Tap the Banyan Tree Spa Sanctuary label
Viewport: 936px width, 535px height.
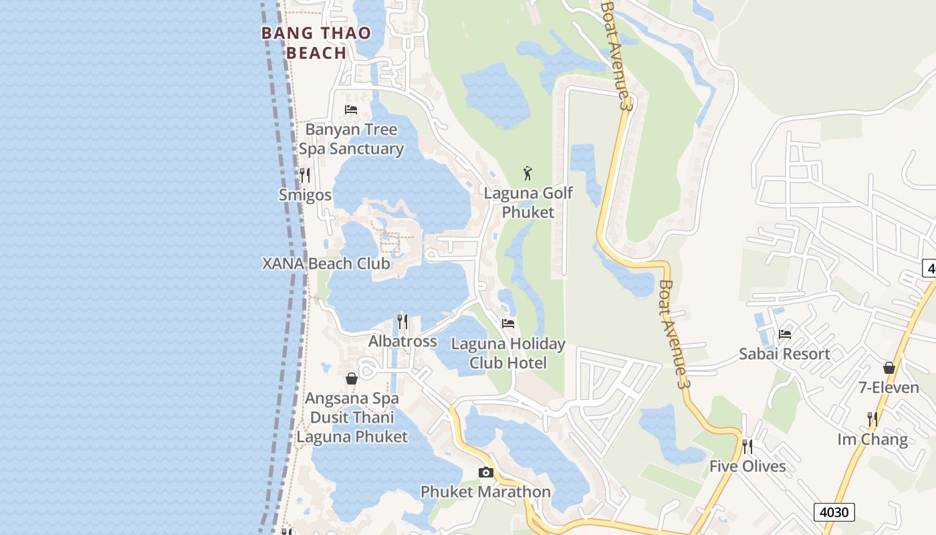click(351, 139)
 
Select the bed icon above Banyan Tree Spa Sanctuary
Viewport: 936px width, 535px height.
click(351, 109)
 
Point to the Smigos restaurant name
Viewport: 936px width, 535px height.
click(305, 195)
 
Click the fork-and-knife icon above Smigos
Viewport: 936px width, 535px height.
click(305, 175)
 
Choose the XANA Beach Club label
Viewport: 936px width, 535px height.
click(326, 263)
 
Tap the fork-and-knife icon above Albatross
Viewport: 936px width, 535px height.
click(402, 322)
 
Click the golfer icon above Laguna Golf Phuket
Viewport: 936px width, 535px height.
click(528, 173)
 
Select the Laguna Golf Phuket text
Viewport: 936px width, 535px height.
click(528, 203)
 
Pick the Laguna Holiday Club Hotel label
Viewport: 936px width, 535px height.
click(508, 353)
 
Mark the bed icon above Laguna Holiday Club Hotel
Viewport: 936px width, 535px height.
click(508, 324)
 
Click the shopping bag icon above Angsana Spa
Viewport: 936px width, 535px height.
click(352, 379)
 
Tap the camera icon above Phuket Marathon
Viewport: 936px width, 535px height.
click(486, 473)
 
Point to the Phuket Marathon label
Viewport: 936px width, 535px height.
click(485, 492)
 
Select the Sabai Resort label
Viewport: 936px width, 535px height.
click(784, 354)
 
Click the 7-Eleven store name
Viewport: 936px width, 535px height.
click(889, 387)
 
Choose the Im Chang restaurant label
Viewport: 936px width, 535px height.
click(872, 439)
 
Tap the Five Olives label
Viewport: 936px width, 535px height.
click(747, 466)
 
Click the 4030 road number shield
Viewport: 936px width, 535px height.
click(834, 512)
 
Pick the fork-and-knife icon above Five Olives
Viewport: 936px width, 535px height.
click(747, 446)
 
